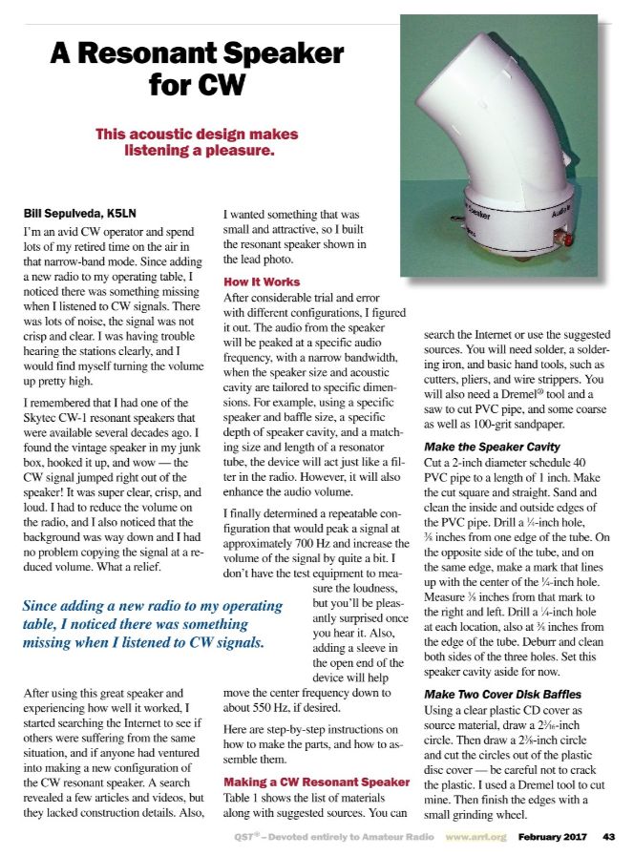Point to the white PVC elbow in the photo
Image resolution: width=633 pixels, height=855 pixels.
(496, 115)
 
